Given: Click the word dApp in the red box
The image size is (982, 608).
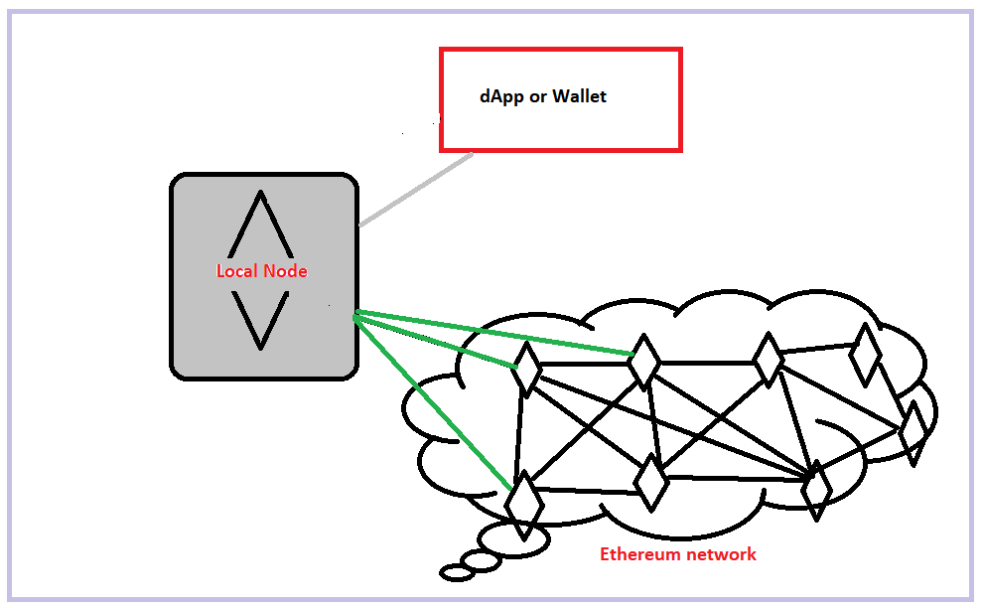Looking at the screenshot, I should (x=498, y=97).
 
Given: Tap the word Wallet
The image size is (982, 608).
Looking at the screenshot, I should (x=579, y=97).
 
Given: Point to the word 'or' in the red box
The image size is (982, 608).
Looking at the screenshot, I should (x=536, y=98).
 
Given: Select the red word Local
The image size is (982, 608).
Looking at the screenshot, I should (x=237, y=271).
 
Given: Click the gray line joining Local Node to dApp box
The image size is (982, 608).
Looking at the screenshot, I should (x=415, y=190).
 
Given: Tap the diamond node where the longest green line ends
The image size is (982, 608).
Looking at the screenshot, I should (x=643, y=361).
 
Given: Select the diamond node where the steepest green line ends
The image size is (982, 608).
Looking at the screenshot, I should (x=523, y=498).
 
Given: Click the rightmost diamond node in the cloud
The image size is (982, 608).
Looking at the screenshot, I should (x=912, y=429).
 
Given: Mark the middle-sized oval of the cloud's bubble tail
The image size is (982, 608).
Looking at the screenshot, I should (x=482, y=562).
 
